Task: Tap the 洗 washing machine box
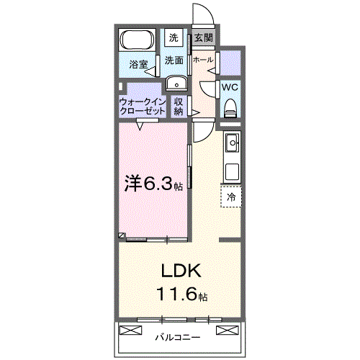click(174, 37)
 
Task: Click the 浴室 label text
click(138, 65)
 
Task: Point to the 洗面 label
click(174, 60)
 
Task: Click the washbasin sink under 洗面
click(175, 83)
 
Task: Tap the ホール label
click(203, 60)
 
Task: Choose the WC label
click(230, 87)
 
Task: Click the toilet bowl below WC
click(230, 109)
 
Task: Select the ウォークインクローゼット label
click(142, 107)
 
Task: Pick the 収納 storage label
click(179, 107)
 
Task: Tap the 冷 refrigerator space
click(231, 196)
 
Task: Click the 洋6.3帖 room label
click(154, 184)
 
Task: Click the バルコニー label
click(177, 336)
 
